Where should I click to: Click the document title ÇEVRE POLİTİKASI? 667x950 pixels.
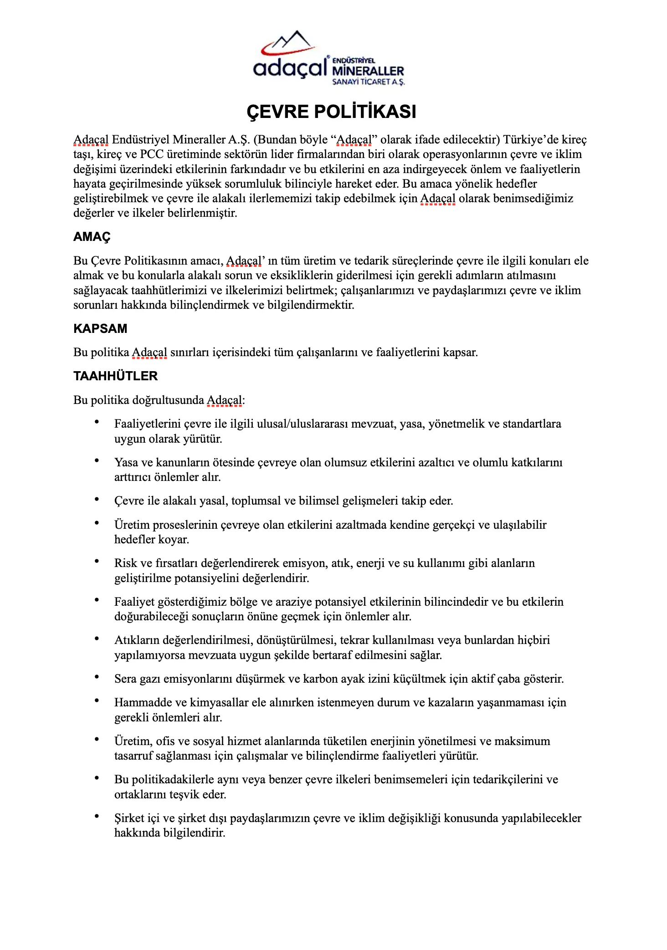(331, 112)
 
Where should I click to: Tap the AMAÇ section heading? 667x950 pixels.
(92, 237)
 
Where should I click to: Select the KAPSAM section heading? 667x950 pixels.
(100, 329)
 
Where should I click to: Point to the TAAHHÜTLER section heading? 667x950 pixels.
(115, 376)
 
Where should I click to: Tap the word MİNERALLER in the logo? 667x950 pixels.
(368, 71)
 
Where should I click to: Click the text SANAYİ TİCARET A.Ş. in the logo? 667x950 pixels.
(368, 82)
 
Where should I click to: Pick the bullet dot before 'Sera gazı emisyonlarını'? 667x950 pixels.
(97, 677)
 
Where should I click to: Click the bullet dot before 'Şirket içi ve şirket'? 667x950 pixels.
(97, 817)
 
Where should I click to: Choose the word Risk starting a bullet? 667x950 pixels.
(126, 563)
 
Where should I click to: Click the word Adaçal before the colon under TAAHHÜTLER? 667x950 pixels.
(224, 400)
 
